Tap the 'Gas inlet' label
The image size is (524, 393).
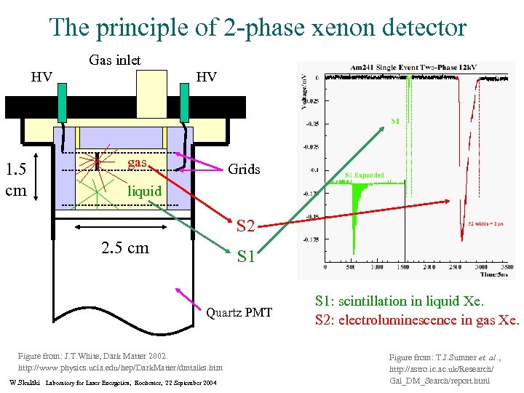[x=114, y=60]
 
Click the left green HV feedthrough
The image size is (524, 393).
[x=63, y=103]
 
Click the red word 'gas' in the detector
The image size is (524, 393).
[x=138, y=162]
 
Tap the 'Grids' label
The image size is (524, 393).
[x=244, y=170]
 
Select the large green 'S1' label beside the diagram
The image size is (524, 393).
[x=245, y=257]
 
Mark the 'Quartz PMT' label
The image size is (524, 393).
[x=239, y=314]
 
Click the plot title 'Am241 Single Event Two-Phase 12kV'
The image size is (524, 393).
[x=416, y=68]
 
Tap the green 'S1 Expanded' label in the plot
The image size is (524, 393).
[x=364, y=175]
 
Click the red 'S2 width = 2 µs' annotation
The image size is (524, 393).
[x=492, y=223]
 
